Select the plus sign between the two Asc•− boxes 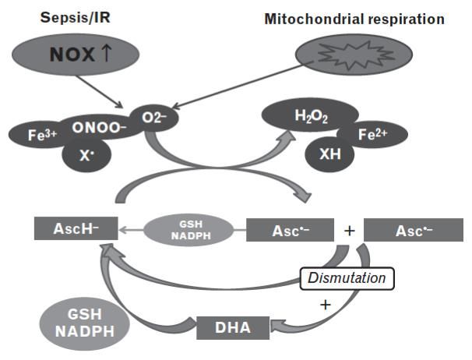350,230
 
